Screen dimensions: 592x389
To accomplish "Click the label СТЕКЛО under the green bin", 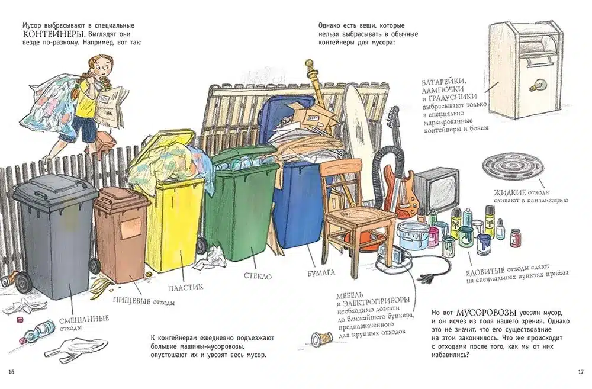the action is coord(258,276).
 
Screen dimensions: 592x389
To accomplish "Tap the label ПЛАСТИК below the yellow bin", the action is coord(185,288).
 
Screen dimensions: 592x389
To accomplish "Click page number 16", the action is coord(11,372).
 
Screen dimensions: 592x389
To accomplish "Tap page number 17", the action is coord(581,372).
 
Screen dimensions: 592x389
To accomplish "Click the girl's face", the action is coord(101,68).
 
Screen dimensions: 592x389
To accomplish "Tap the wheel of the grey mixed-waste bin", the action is coord(23,281).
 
